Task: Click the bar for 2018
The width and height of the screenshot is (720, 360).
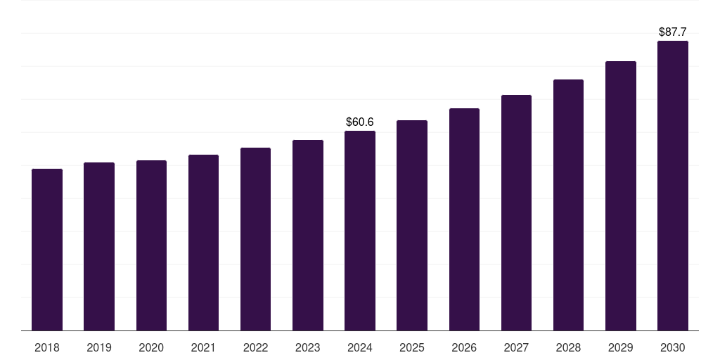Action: coord(47,250)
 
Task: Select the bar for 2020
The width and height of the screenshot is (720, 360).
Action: coord(151,245)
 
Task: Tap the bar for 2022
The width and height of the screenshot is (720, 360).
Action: coord(255,239)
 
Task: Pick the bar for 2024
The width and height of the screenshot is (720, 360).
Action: coord(360,231)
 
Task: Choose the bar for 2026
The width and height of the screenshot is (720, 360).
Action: coord(464,219)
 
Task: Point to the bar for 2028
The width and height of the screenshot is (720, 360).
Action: coord(568,205)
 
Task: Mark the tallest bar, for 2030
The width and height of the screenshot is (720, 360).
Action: coord(673,186)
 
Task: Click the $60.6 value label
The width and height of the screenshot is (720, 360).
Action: coord(360,122)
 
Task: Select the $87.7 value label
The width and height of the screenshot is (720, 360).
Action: coord(673,32)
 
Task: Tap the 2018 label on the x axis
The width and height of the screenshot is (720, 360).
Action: coord(47,348)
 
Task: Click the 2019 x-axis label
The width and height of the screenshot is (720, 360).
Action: coord(99,348)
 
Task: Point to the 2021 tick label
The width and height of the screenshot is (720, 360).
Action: coord(203,348)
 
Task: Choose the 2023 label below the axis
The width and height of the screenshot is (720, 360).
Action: coord(308,348)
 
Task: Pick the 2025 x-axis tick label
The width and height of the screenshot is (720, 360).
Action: coord(412,348)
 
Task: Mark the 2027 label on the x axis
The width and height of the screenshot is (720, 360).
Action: coord(516,348)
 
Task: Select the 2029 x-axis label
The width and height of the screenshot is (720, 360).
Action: coord(621,348)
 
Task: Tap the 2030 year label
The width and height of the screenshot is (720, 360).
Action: coord(673,348)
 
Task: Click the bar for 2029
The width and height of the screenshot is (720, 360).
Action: coord(621,195)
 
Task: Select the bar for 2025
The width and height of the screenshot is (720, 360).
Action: coord(412,225)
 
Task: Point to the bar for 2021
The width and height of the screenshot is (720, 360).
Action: coord(203,243)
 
